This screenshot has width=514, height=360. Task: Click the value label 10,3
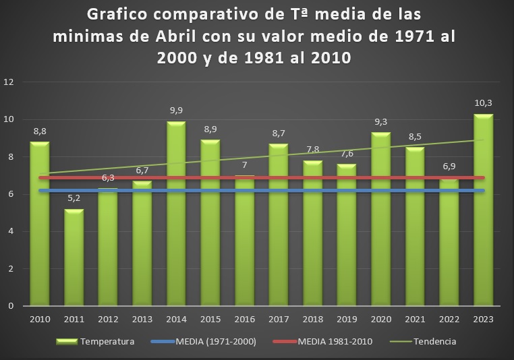[x=482, y=103]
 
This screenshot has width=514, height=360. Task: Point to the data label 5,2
[x=74, y=198]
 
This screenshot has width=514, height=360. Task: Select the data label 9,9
[x=175, y=111]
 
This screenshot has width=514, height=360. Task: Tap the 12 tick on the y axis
[x=9, y=82]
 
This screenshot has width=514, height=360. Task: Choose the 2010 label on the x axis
[x=39, y=318]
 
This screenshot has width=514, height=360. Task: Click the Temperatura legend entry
[x=107, y=342]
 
